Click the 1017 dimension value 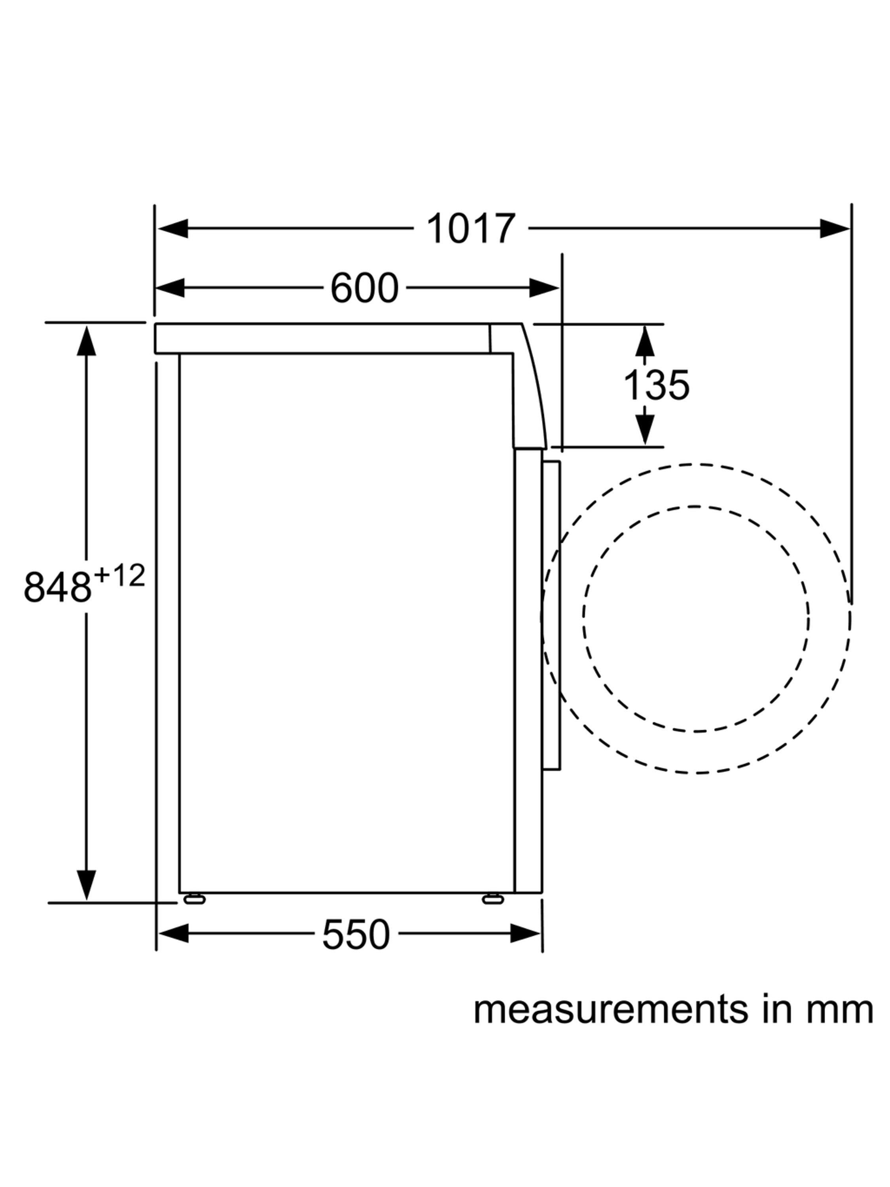pos(470,228)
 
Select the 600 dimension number pos(364,288)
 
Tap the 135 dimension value pos(655,385)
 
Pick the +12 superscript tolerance pos(119,576)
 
